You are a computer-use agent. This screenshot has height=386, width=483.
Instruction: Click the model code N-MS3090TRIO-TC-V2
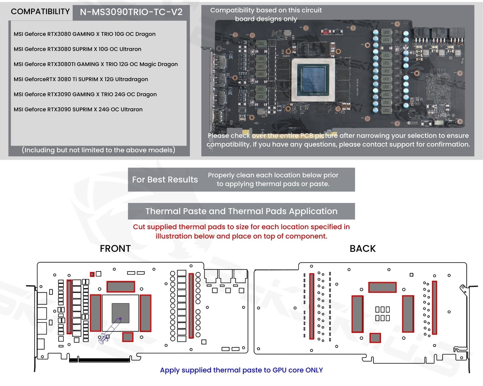(131, 12)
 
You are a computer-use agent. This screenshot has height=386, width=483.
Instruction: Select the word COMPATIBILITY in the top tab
(40, 12)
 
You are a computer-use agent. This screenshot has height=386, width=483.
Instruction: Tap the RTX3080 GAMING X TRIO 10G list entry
(85, 34)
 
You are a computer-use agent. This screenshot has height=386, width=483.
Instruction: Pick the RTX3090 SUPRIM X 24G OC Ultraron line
(78, 109)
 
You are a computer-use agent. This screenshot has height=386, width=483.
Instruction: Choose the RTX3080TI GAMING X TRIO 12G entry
(95, 64)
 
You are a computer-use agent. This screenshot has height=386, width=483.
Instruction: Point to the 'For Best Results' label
(165, 180)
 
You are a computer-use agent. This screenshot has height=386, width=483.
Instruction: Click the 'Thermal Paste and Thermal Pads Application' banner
(241, 211)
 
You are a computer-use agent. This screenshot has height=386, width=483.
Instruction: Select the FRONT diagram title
(115, 248)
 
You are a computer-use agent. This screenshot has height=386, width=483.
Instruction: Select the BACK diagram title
(363, 248)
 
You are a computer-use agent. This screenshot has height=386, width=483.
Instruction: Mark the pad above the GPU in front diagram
(121, 286)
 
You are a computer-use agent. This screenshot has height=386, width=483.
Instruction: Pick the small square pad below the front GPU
(128, 337)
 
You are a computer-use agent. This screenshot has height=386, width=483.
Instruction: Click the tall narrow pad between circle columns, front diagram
(191, 305)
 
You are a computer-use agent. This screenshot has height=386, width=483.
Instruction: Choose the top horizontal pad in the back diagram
(382, 287)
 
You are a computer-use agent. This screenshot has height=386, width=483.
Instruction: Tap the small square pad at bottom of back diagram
(375, 338)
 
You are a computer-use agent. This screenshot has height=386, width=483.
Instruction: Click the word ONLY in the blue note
(314, 370)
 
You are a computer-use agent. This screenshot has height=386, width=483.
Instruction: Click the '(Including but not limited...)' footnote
(98, 150)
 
